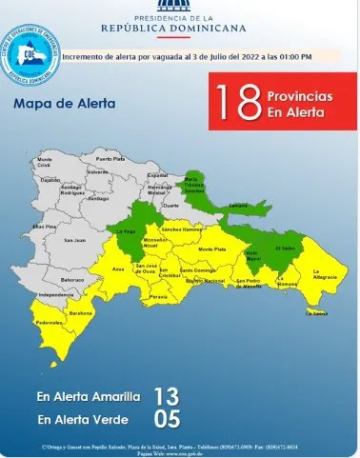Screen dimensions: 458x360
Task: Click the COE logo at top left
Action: click(30, 53)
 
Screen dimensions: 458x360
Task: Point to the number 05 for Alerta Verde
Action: click(166, 417)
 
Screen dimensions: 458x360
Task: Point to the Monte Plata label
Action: click(211, 249)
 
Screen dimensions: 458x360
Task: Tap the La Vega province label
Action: click(126, 231)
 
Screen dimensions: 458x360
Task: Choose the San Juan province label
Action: click(73, 239)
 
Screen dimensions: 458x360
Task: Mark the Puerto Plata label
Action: click(110, 159)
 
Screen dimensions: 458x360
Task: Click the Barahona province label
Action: click(80, 312)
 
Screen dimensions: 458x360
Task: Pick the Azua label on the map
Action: click(119, 270)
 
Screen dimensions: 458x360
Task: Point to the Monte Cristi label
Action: click(44, 161)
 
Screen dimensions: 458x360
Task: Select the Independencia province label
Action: click(56, 296)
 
